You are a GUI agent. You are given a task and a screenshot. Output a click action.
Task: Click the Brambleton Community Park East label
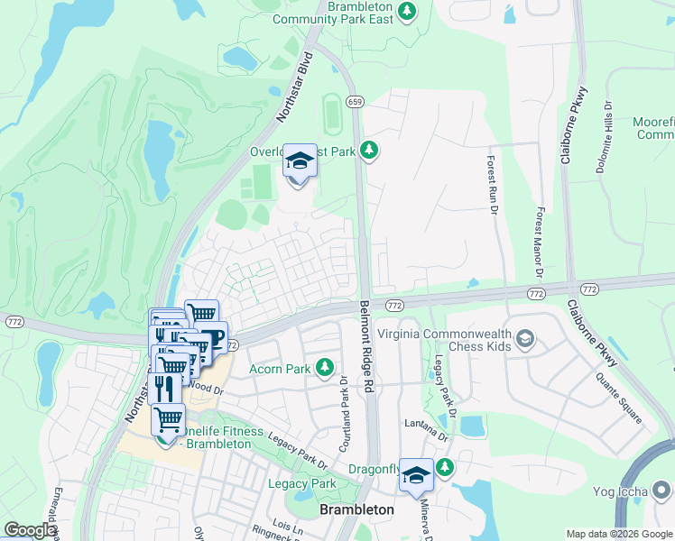tap(335, 13)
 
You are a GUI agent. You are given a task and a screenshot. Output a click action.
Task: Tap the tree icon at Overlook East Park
tap(367, 151)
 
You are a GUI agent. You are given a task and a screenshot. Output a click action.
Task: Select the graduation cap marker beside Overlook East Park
tap(301, 162)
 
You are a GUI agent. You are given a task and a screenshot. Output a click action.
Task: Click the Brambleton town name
tap(357, 509)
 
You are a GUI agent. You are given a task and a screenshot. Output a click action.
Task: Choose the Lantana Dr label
tap(426, 425)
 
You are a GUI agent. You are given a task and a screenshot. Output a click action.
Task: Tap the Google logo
tap(30, 530)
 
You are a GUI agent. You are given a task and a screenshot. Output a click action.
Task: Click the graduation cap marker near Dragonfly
tap(416, 474)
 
